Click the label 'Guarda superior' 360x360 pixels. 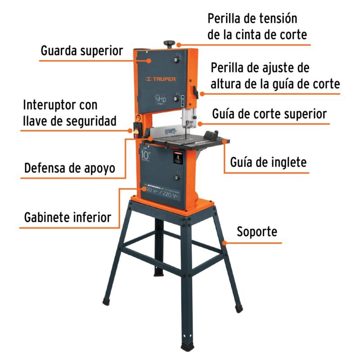point(81,50)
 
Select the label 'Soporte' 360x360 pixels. point(257,232)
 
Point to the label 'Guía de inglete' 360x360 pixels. point(268,162)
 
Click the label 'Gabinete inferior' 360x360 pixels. point(67,217)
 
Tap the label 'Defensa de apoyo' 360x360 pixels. point(70,168)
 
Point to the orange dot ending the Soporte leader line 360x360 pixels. point(230,243)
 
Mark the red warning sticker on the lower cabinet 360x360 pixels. point(177,158)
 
